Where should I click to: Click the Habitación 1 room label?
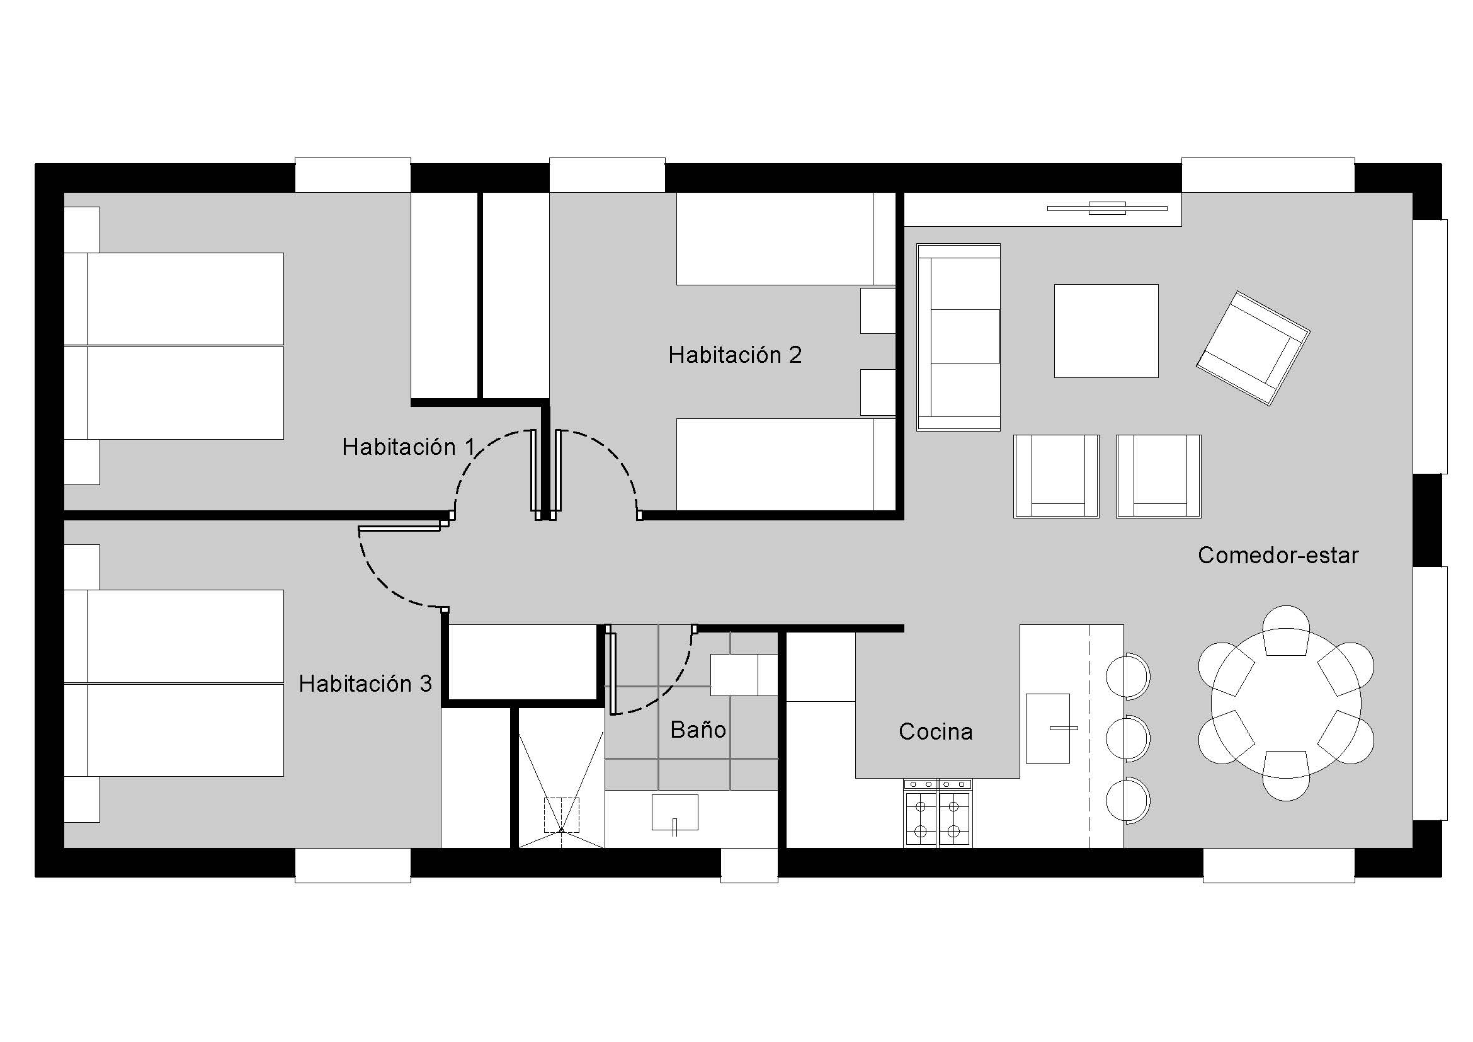tap(409, 447)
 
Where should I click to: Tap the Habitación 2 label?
tap(735, 355)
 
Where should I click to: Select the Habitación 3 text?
tap(365, 684)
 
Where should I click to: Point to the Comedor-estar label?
tap(1278, 555)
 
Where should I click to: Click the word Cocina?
tap(935, 731)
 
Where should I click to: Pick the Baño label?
tap(698, 730)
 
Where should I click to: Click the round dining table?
tap(1286, 703)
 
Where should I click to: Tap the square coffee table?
tap(1106, 331)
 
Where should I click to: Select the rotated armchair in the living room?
tap(1253, 348)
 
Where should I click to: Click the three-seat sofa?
tap(958, 337)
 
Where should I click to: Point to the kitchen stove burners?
tap(937, 813)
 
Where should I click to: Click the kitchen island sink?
tap(1048, 728)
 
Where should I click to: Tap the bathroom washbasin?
tap(675, 813)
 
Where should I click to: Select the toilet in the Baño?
tap(744, 674)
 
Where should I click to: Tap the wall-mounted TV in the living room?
tap(1106, 208)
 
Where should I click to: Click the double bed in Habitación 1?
tap(174, 346)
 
